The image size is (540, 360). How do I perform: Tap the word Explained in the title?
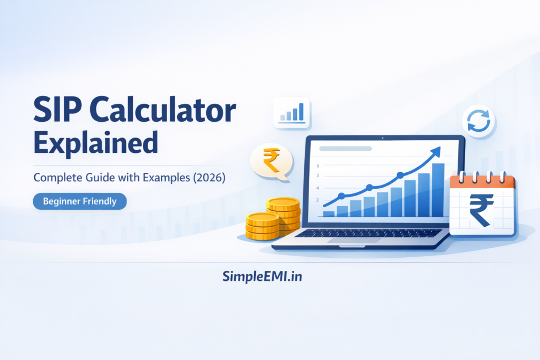(95, 142)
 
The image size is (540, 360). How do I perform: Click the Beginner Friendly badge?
(80, 201)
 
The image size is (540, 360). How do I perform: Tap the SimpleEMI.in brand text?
(262, 276)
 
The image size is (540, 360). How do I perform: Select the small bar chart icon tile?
(292, 112)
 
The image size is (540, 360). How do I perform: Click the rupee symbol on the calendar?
(482, 209)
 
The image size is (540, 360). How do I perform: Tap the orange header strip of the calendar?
(482, 182)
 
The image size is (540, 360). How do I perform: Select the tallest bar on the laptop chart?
(438, 190)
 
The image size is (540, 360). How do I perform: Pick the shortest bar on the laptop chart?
(329, 213)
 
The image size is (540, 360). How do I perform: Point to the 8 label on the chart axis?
(317, 166)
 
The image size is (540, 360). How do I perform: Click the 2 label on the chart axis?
(317, 200)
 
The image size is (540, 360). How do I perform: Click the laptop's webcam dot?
(381, 139)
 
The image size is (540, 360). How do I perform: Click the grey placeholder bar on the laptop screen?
(342, 149)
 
